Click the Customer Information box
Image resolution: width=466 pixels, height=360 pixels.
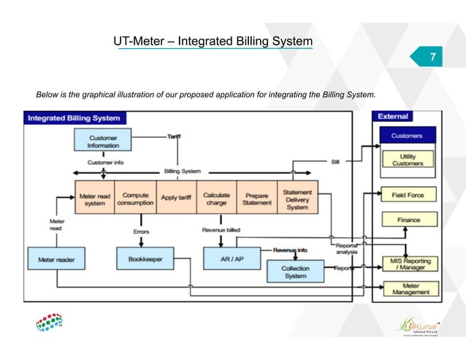103,141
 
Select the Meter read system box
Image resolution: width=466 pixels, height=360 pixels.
94,198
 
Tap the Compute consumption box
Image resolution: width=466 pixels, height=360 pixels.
134,198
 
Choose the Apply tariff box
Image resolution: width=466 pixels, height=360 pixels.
175,198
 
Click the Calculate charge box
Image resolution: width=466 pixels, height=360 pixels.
216,198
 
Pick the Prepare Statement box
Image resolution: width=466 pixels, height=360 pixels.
256,198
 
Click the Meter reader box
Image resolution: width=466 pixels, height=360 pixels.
56,258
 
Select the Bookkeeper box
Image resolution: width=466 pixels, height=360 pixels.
144,258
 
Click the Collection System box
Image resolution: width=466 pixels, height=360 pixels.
295,272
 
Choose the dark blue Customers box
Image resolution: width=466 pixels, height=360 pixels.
407,135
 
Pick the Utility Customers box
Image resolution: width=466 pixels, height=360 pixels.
408,159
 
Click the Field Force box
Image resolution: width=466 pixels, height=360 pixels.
408,194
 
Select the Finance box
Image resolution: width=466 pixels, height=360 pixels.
408,218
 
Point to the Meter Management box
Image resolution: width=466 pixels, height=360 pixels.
410,288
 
